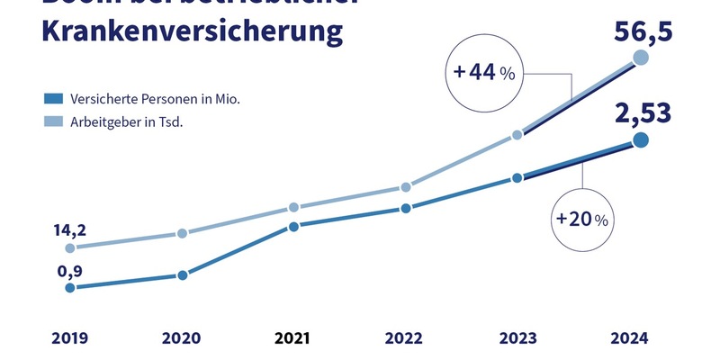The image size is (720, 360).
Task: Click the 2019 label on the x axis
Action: (69, 339)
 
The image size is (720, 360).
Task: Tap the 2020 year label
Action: (181, 339)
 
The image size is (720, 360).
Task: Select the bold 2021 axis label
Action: (292, 339)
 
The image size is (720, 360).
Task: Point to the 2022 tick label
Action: (404, 339)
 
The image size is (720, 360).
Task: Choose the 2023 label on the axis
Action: (517, 339)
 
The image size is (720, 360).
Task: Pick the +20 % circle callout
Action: (582, 219)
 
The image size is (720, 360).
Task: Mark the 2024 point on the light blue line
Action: (641, 58)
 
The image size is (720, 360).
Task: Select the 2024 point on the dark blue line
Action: (641, 139)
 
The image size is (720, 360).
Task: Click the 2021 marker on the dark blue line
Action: (293, 227)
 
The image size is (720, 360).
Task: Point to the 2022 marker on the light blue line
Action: (406, 187)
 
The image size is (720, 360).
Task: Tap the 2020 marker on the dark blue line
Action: (182, 275)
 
